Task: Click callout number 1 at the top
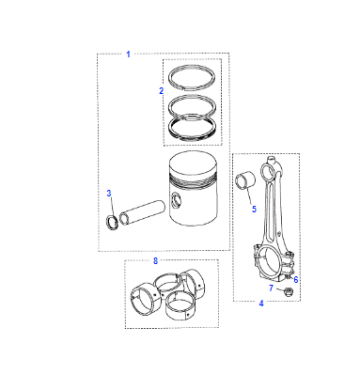click(128, 54)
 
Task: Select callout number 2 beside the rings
click(161, 91)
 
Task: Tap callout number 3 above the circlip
click(109, 193)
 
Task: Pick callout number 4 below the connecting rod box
click(261, 303)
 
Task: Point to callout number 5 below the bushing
click(254, 209)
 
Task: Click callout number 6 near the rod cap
click(296, 280)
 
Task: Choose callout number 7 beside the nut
click(271, 288)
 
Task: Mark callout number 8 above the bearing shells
click(155, 261)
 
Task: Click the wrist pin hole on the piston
click(176, 201)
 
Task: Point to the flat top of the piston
click(193, 164)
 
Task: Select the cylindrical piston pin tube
click(142, 212)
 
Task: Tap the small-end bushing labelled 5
click(245, 181)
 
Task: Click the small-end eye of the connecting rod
click(268, 172)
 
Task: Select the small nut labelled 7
click(288, 291)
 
